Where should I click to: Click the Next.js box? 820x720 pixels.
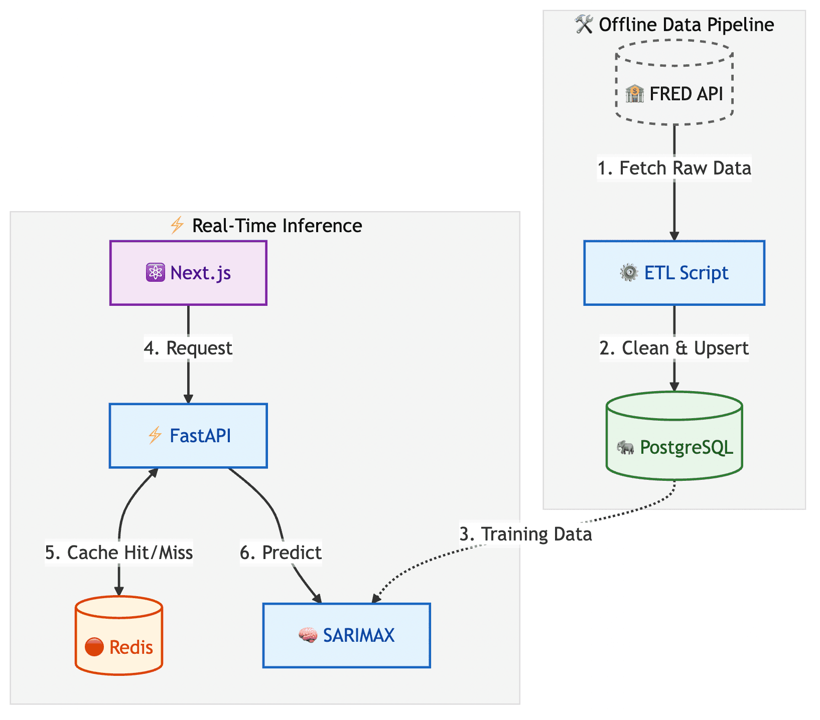pos(188,273)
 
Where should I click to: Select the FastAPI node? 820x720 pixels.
pos(188,436)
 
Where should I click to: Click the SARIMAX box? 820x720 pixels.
pos(346,635)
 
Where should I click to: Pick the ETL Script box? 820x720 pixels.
pos(674,273)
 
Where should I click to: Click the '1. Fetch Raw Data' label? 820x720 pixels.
pos(674,168)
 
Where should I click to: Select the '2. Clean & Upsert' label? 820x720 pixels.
pos(674,348)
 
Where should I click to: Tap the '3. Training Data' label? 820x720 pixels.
pos(525,534)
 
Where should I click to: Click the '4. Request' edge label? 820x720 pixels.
pos(188,348)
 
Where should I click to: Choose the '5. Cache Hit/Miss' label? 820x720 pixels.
pos(119,553)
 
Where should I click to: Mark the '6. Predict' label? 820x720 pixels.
pos(281,553)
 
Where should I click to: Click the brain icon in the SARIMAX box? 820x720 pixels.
pos(308,635)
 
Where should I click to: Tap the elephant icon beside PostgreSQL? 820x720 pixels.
pos(625,447)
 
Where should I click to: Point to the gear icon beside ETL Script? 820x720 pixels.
pos(629,273)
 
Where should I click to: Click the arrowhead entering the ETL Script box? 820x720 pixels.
pos(674,236)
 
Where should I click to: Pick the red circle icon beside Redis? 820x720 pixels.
pos(94,647)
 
